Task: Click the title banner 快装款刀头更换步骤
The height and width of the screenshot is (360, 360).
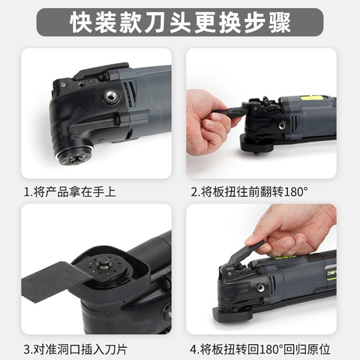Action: point(180,22)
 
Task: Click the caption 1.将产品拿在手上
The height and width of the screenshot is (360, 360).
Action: point(70,192)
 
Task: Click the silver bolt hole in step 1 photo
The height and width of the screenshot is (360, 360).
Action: point(110,95)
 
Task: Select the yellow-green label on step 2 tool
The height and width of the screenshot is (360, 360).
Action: point(313,97)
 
